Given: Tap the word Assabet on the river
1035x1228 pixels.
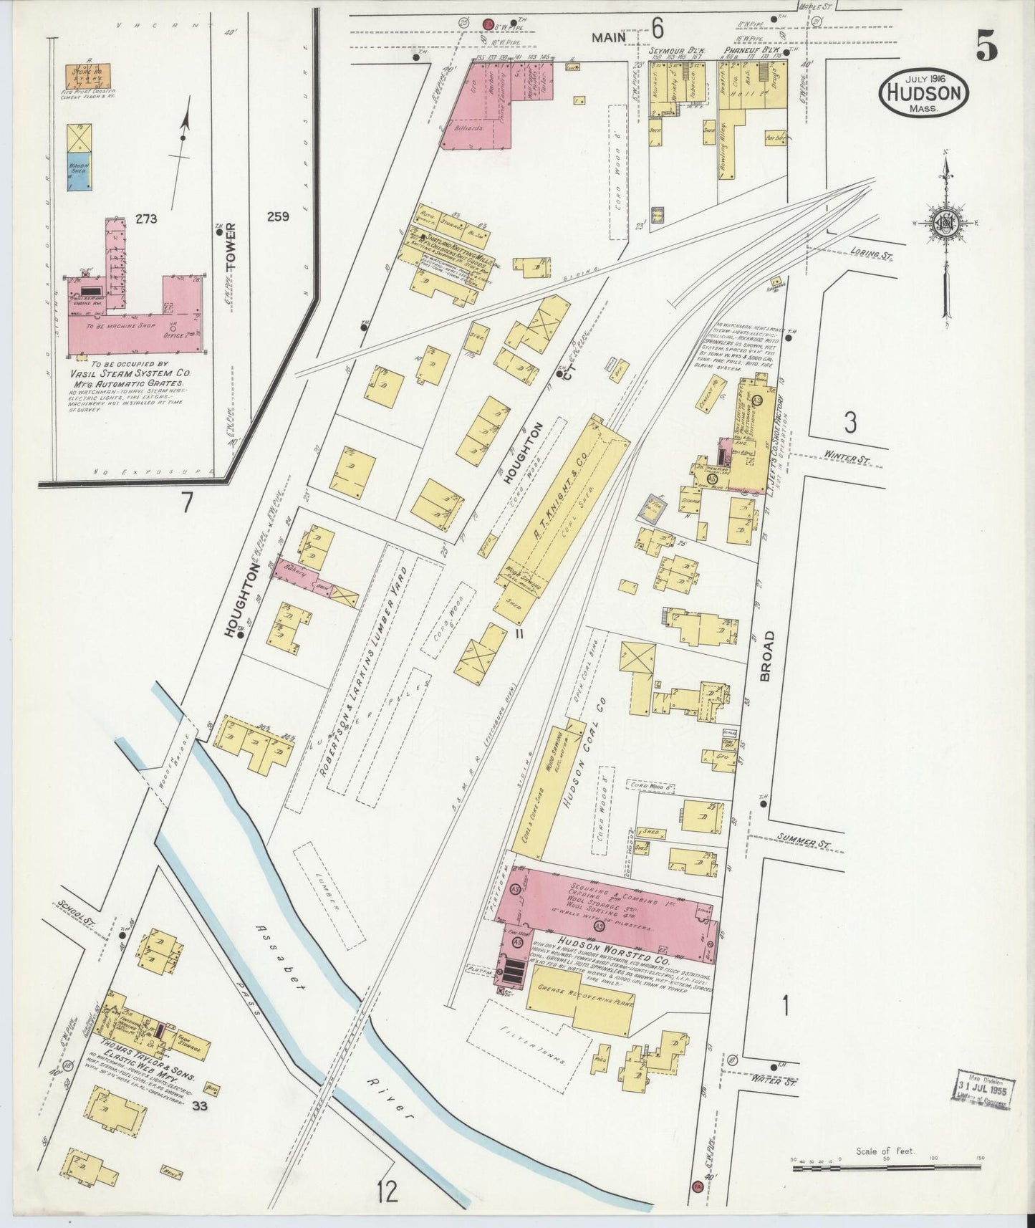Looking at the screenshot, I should [x=281, y=950].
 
